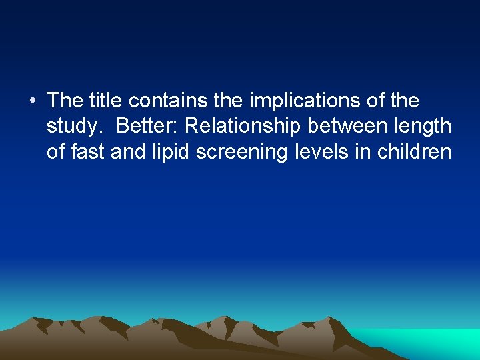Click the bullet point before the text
pos(33,101)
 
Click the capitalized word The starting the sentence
pos(65,101)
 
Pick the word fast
pos(87,152)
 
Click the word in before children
pos(364,152)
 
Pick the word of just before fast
pos(56,152)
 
